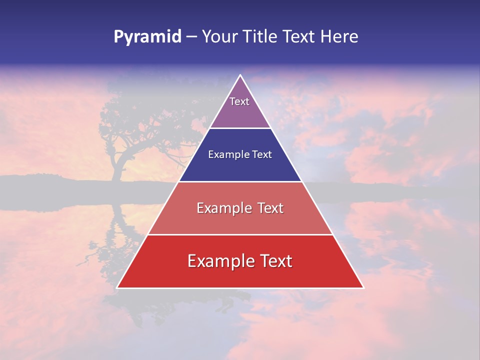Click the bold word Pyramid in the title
(147, 37)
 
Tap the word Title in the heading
(260, 37)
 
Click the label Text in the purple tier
(239, 101)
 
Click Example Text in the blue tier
(240, 154)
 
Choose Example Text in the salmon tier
(240, 208)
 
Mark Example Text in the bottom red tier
(240, 261)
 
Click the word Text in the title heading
(298, 37)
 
